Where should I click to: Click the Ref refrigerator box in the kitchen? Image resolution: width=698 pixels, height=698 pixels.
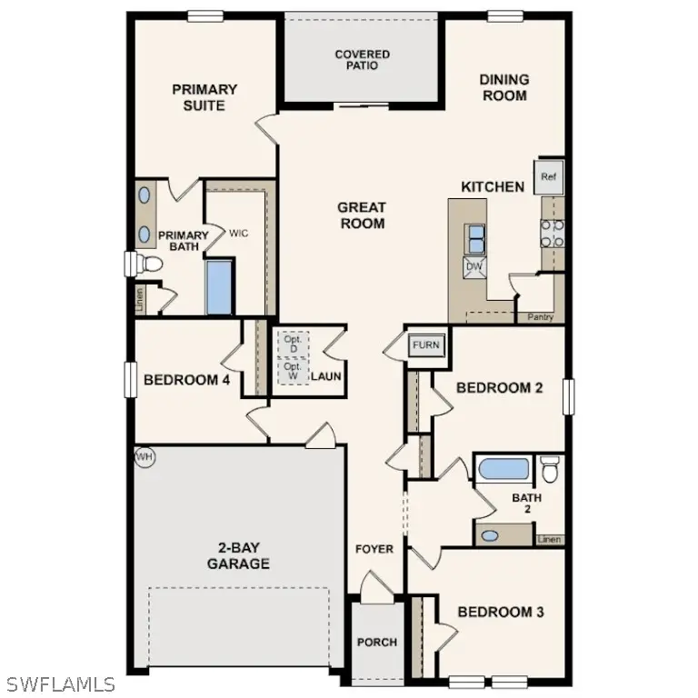(x=548, y=177)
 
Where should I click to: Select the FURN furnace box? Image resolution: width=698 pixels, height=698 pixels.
(x=426, y=345)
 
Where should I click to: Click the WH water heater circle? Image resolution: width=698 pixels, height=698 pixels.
(x=144, y=456)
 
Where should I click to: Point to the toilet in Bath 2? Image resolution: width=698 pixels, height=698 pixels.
(x=549, y=469)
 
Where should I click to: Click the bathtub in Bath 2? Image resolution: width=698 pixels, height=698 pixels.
(x=504, y=469)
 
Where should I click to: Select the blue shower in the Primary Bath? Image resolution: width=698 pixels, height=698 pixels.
(x=220, y=286)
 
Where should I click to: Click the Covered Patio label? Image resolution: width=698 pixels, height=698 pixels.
(x=362, y=61)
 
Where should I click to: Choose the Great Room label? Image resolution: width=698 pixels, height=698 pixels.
(x=362, y=215)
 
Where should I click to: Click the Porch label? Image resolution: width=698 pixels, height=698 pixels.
(x=376, y=643)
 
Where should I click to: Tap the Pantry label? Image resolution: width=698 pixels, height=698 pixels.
(x=541, y=317)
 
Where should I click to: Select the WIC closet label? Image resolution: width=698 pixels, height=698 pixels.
(x=238, y=234)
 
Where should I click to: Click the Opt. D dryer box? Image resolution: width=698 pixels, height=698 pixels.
(x=293, y=344)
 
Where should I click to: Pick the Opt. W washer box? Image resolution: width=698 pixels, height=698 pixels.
(x=293, y=371)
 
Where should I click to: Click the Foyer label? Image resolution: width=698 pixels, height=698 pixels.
(x=374, y=549)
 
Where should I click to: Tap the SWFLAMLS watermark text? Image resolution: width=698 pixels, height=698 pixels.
(x=60, y=683)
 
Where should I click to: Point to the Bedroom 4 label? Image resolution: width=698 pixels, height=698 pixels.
(x=186, y=380)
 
